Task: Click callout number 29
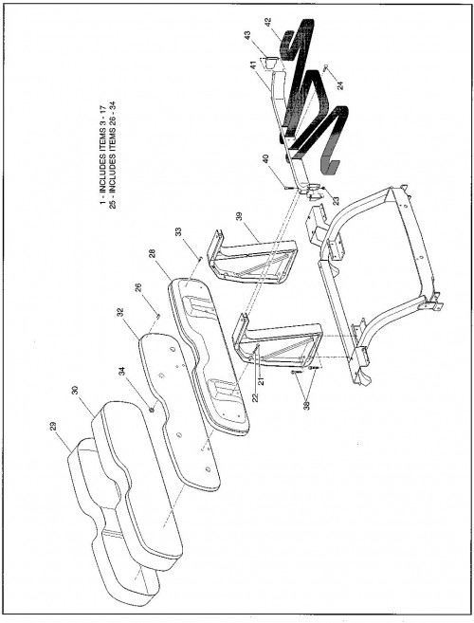(x=54, y=427)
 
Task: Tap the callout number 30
(x=75, y=390)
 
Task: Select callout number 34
(x=122, y=371)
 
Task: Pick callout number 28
(x=153, y=253)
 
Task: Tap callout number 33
(x=178, y=232)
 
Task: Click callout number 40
(x=265, y=159)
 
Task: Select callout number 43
(x=247, y=36)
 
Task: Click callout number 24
(x=340, y=85)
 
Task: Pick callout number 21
(x=261, y=382)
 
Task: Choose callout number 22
(x=255, y=397)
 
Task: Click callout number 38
(x=307, y=403)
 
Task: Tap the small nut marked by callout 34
(x=152, y=409)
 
